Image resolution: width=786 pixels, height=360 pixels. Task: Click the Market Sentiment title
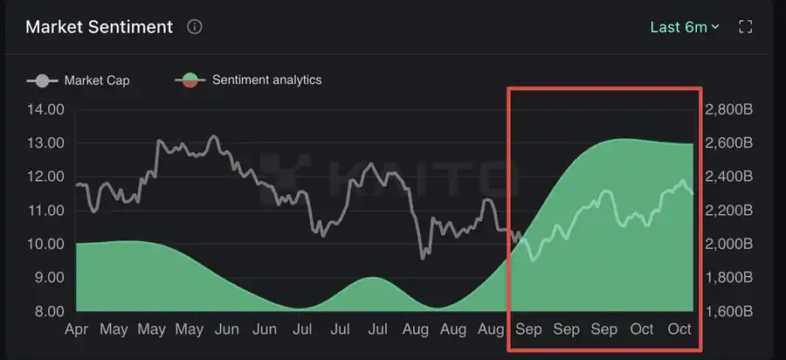coord(99,27)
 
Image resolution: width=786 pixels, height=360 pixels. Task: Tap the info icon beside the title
coord(195,27)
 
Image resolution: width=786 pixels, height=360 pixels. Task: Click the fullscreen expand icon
coord(746,27)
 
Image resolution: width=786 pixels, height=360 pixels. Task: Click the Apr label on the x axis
coord(76,329)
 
